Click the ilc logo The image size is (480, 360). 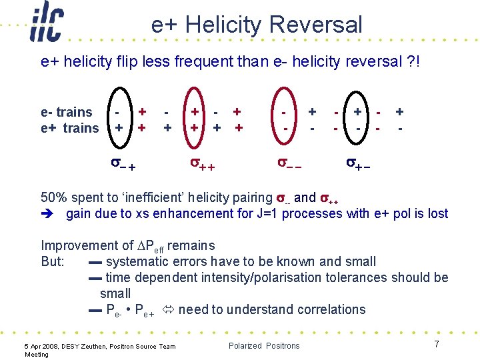pyautogui.click(x=47, y=21)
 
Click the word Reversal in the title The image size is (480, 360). pyautogui.click(x=315, y=24)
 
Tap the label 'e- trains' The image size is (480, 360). pyautogui.click(x=67, y=112)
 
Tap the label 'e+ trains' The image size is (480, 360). pyautogui.click(x=70, y=128)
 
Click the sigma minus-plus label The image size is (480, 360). pyautogui.click(x=123, y=164)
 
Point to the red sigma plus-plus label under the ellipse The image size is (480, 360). pyautogui.click(x=203, y=164)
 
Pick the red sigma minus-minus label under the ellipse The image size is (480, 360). pyautogui.click(x=289, y=163)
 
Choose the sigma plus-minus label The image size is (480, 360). pyautogui.click(x=358, y=164)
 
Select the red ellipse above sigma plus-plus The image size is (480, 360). pyautogui.click(x=183, y=118)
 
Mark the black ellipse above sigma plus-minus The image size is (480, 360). pyautogui.click(x=344, y=118)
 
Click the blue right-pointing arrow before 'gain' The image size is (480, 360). pyautogui.click(x=47, y=214)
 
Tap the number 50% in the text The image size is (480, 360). pyautogui.click(x=54, y=197)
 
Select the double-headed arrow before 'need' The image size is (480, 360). pyautogui.click(x=168, y=309)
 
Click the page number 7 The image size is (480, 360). pyautogui.click(x=437, y=344)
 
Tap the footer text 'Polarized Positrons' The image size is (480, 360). pyautogui.click(x=264, y=346)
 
